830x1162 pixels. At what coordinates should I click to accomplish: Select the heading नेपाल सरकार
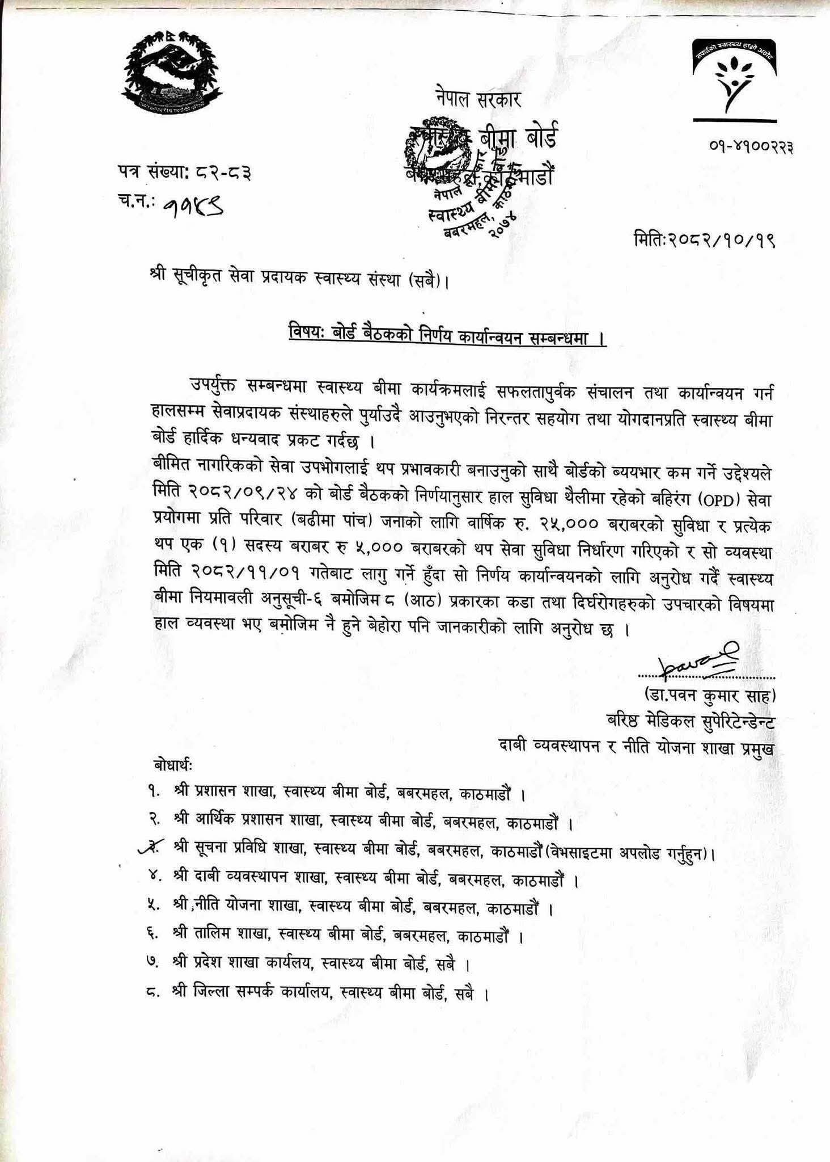click(x=478, y=100)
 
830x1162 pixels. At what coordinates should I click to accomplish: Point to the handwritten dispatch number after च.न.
click(x=193, y=210)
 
